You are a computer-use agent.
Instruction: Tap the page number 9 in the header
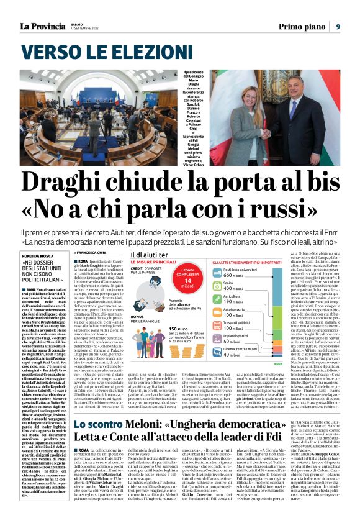click(338, 26)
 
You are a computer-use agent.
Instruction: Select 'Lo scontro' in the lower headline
click(92, 424)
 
